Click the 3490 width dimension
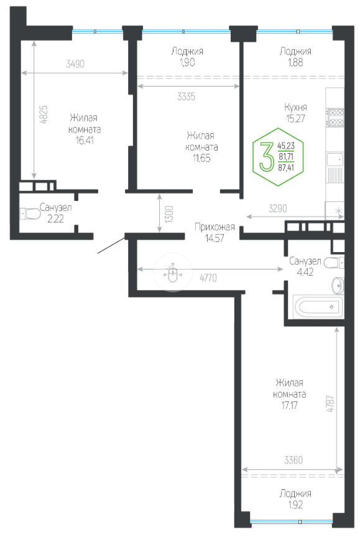pyautogui.click(x=75, y=64)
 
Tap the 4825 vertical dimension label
pyautogui.click(x=44, y=114)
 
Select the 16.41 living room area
pyautogui.click(x=85, y=141)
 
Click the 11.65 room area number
pyautogui.click(x=201, y=158)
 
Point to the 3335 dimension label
pyautogui.click(x=187, y=96)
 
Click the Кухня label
pyautogui.click(x=296, y=107)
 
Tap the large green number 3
pyautogui.click(x=266, y=157)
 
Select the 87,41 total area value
pyautogui.click(x=286, y=167)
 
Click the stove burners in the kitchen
pyautogui.click(x=335, y=118)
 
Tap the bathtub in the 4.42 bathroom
pyautogui.click(x=318, y=306)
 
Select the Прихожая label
pyautogui.click(x=215, y=227)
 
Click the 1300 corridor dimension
pyautogui.click(x=169, y=213)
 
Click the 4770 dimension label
pyautogui.click(x=208, y=278)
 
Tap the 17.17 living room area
pyautogui.click(x=290, y=405)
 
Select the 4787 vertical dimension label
pyautogui.click(x=330, y=403)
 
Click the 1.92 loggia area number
pyautogui.click(x=295, y=505)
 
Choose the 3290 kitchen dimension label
pyautogui.click(x=278, y=208)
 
